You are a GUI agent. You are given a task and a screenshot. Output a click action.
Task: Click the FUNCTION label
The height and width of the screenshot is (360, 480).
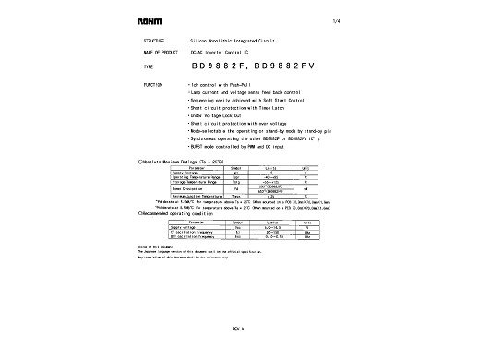point(152,83)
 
